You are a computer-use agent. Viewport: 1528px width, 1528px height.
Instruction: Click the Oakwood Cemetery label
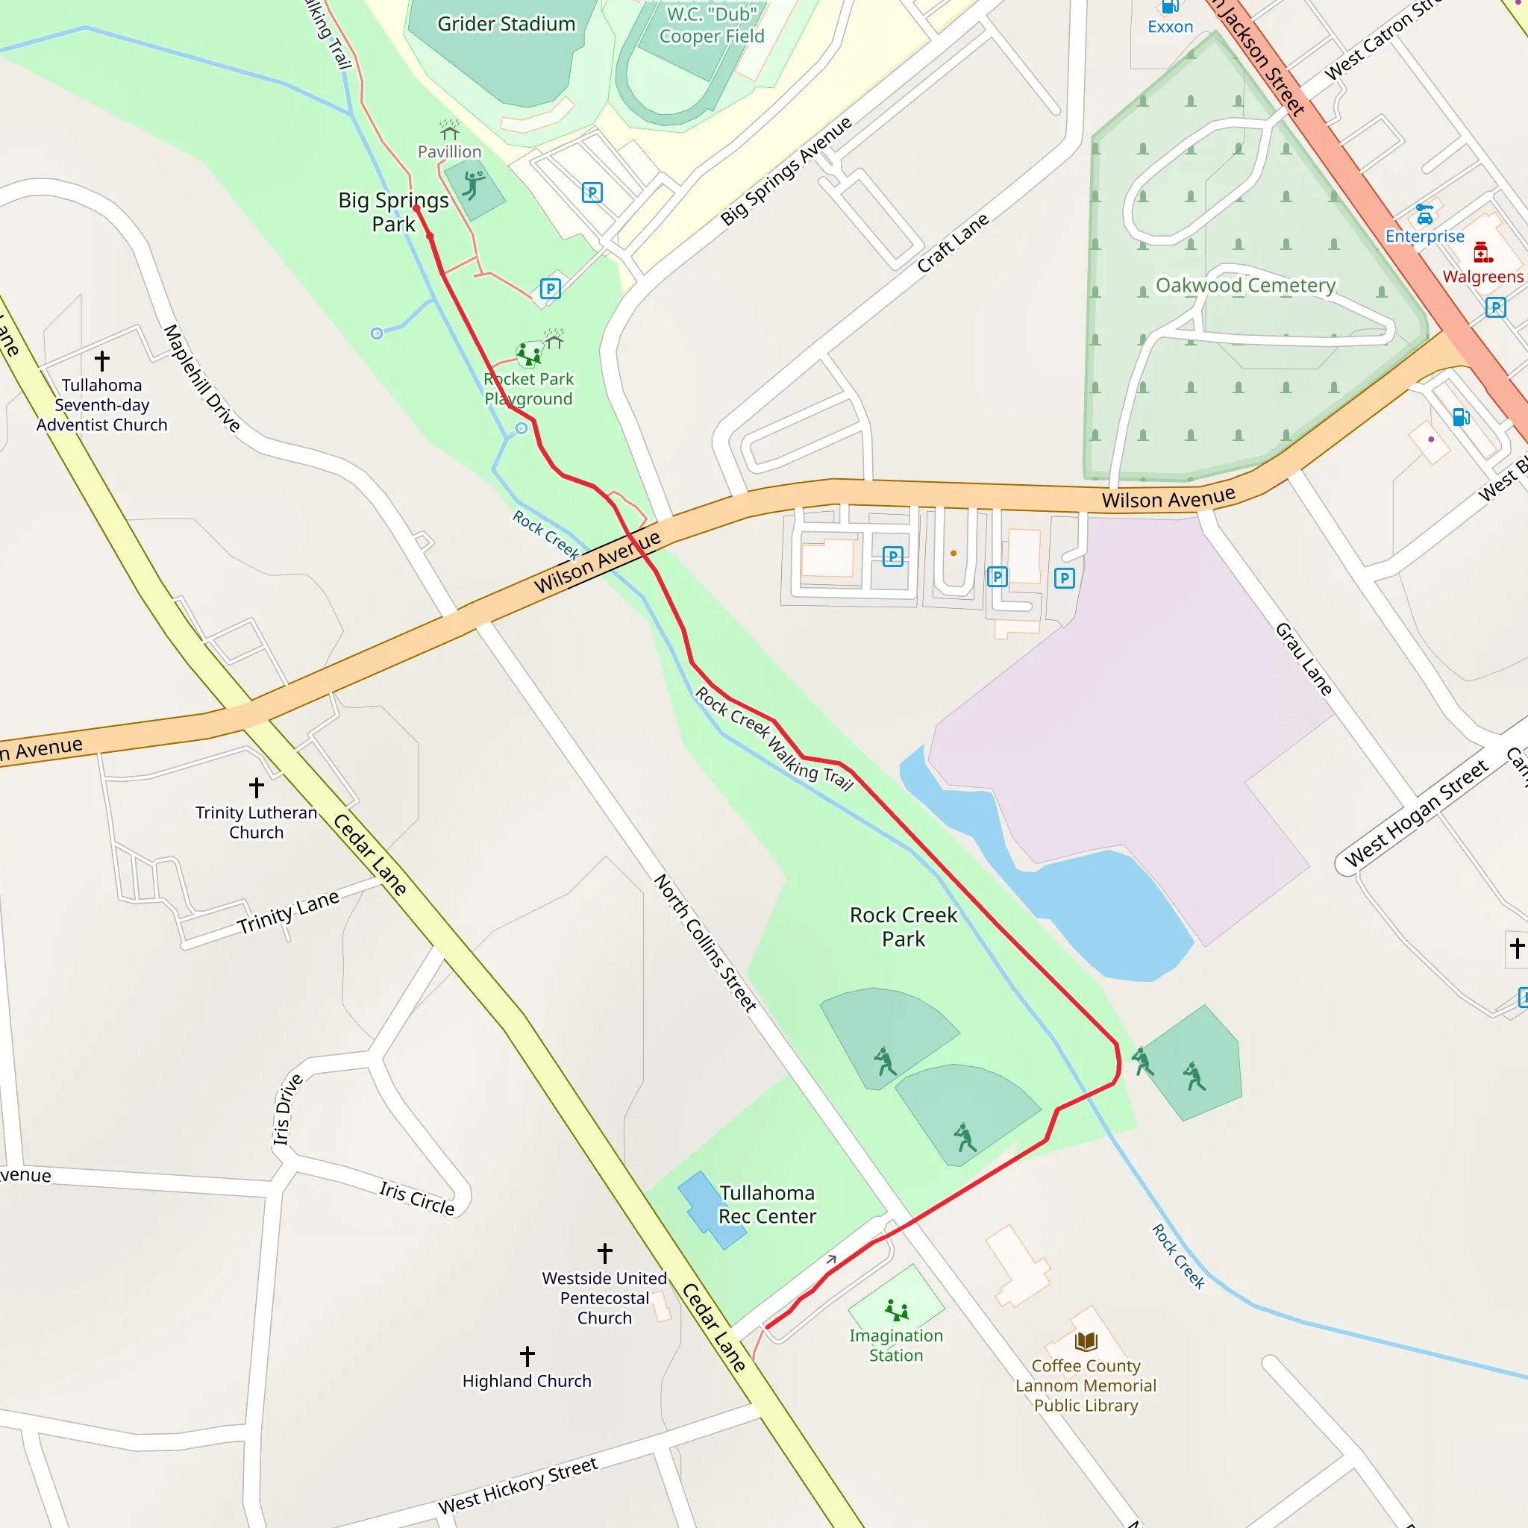click(x=1245, y=286)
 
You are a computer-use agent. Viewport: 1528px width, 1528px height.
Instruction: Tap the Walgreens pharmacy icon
click(x=1482, y=253)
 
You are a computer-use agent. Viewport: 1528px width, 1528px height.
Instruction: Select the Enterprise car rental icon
click(x=1424, y=214)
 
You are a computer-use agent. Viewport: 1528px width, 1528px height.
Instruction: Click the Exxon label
click(x=1170, y=27)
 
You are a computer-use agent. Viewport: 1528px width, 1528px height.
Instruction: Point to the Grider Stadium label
click(x=506, y=25)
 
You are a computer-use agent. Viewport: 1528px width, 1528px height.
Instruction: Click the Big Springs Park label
click(x=393, y=212)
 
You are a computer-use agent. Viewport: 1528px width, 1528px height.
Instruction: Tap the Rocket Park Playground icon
click(x=528, y=354)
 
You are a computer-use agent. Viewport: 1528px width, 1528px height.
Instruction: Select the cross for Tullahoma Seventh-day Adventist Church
click(x=102, y=360)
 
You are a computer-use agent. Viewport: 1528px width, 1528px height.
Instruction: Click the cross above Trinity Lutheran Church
click(x=256, y=787)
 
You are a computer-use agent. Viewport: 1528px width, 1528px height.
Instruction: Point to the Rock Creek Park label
click(x=904, y=927)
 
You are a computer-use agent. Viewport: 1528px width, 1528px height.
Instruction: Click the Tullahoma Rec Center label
click(x=766, y=1204)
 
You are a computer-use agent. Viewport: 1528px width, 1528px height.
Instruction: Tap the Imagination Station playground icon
click(x=896, y=1309)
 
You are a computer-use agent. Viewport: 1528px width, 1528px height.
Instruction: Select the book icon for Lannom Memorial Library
click(x=1086, y=1341)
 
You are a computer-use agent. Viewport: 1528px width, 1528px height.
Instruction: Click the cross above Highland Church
click(x=527, y=1356)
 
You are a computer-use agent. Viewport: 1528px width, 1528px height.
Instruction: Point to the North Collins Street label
click(x=704, y=943)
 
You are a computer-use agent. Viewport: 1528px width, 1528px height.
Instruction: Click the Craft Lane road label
click(x=952, y=242)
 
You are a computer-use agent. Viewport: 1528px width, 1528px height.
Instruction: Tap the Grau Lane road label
click(x=1303, y=659)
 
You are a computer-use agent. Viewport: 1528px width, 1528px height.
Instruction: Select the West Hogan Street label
click(x=1417, y=813)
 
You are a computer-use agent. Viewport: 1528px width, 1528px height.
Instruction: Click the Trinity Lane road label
click(x=288, y=912)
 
